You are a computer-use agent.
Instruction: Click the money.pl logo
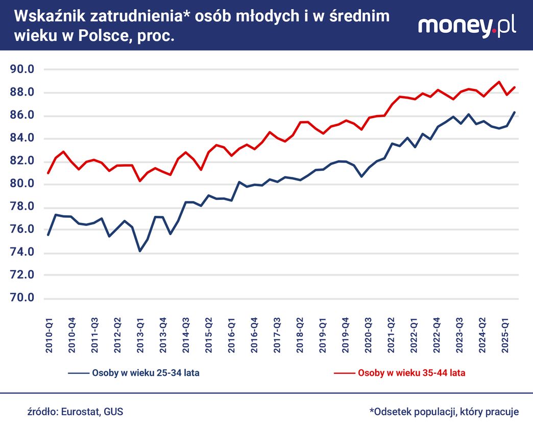[467, 25]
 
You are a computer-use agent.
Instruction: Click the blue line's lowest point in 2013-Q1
[140, 251]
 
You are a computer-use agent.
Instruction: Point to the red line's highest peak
[499, 82]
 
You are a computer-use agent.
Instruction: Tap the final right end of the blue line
[515, 112]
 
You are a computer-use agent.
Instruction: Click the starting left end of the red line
[47, 173]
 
